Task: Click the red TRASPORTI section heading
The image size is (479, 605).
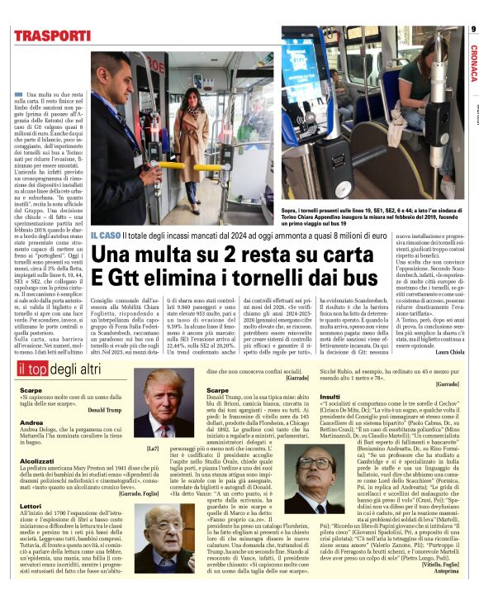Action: point(52,36)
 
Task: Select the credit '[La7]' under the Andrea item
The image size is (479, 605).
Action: point(128,448)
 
